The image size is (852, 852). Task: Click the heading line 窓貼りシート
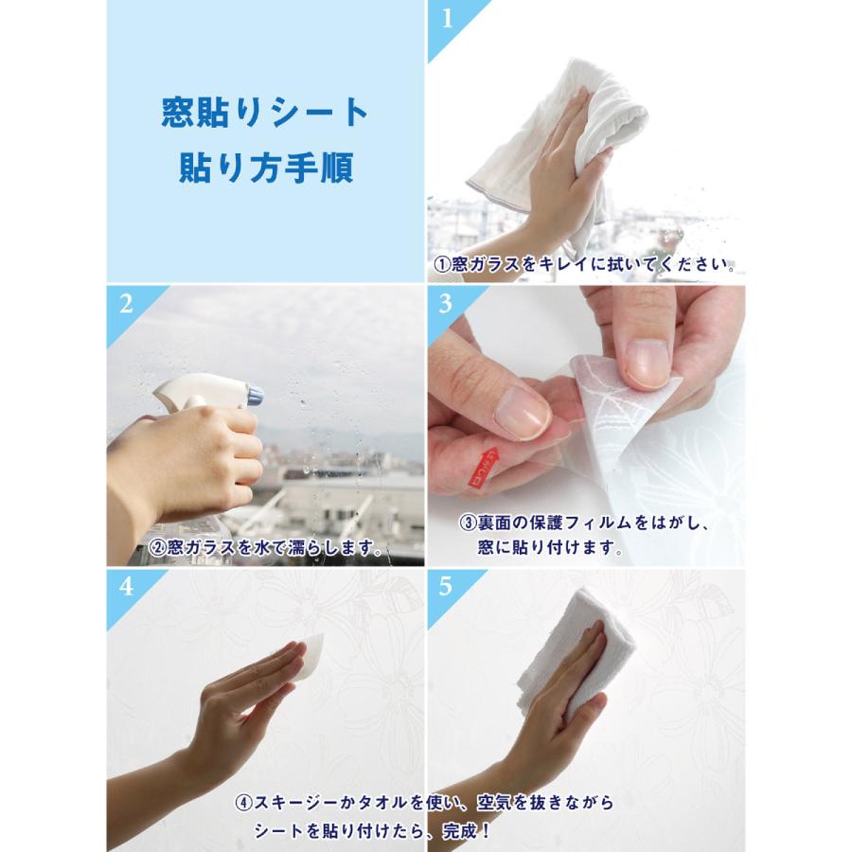pyautogui.click(x=265, y=113)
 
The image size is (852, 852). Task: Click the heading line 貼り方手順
pyautogui.click(x=266, y=167)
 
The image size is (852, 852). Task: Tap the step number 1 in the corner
pyautogui.click(x=447, y=19)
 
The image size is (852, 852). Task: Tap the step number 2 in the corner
pyautogui.click(x=126, y=304)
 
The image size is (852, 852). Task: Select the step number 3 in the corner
pyautogui.click(x=446, y=304)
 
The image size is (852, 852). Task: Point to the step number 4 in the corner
pyautogui.click(x=126, y=587)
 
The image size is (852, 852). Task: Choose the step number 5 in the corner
pyautogui.click(x=446, y=587)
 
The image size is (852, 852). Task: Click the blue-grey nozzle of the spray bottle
pyautogui.click(x=256, y=395)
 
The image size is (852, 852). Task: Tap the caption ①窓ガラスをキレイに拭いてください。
pyautogui.click(x=585, y=265)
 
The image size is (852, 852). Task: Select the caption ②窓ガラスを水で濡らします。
pyautogui.click(x=266, y=547)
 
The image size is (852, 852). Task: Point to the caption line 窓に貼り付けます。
pyautogui.click(x=550, y=547)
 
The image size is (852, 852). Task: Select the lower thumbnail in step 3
pyautogui.click(x=523, y=414)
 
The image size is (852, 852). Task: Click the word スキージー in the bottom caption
pyautogui.click(x=295, y=803)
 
